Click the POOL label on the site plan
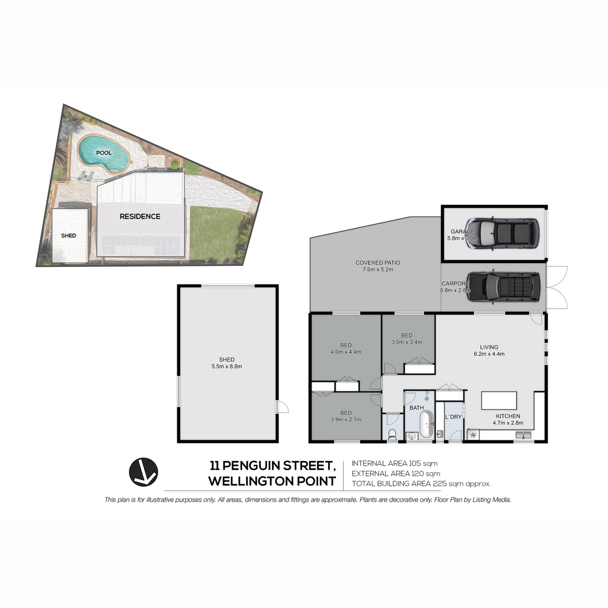point(104,153)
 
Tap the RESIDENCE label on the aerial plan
point(140,216)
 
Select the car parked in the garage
point(503,234)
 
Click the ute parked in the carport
point(504,287)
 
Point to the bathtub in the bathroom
point(426,424)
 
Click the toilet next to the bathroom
point(393,434)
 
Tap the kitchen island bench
point(499,400)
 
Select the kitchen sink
point(523,435)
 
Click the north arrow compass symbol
point(143,472)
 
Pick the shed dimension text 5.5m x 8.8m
point(226,366)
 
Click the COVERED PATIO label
point(377,262)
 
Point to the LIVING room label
point(489,347)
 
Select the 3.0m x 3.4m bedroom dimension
point(407,341)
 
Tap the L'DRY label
point(453,417)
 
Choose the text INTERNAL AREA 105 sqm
point(394,463)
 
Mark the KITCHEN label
point(508,416)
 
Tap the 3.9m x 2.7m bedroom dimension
point(346,420)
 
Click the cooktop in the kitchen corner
point(473,435)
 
